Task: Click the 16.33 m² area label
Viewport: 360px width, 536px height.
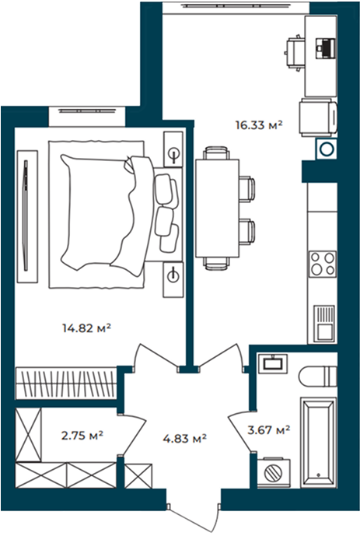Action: click(259, 125)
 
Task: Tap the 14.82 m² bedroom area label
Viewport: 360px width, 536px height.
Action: click(87, 328)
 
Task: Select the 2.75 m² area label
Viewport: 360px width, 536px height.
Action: click(82, 435)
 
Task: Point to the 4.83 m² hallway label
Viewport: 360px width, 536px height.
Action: click(185, 438)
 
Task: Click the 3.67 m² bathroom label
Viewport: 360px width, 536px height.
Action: click(269, 429)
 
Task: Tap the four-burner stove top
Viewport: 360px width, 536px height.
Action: click(322, 264)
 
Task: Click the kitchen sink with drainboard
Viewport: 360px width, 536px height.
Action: click(323, 324)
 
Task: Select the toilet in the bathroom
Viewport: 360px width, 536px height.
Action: click(318, 377)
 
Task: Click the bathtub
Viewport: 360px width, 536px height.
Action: click(318, 442)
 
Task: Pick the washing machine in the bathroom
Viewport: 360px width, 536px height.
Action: click(274, 473)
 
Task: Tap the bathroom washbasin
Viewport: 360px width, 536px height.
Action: click(273, 363)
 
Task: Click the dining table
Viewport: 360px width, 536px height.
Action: click(217, 208)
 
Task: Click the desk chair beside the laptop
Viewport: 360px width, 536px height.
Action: click(295, 52)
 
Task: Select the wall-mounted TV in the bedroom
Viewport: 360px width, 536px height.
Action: click(26, 215)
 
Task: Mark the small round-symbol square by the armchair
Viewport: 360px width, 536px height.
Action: click(327, 149)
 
